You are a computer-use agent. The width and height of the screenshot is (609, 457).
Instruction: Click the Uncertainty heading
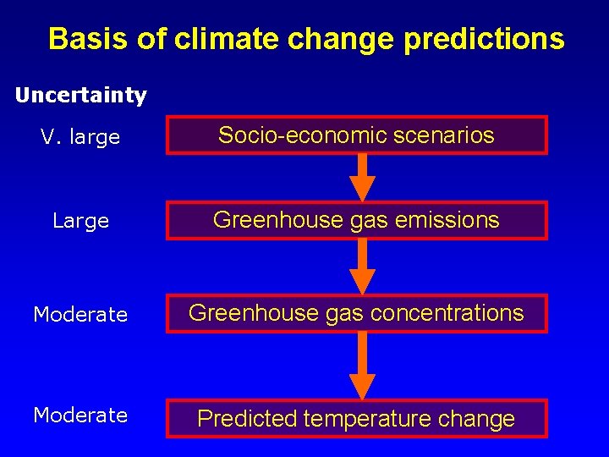pos(81,96)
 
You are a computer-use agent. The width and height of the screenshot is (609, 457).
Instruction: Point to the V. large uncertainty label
pos(80,137)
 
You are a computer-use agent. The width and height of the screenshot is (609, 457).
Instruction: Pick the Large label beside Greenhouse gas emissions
pos(80,222)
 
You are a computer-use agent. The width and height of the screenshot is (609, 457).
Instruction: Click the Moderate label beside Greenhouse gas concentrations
pos(80,315)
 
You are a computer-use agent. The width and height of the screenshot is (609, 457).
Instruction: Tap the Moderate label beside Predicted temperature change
pos(80,416)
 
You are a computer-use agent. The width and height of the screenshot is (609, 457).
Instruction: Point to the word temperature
pos(369,419)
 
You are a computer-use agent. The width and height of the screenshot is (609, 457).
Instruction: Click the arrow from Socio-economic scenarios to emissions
pos(362,178)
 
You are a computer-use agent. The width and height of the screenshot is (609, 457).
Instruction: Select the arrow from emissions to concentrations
pos(362,267)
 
